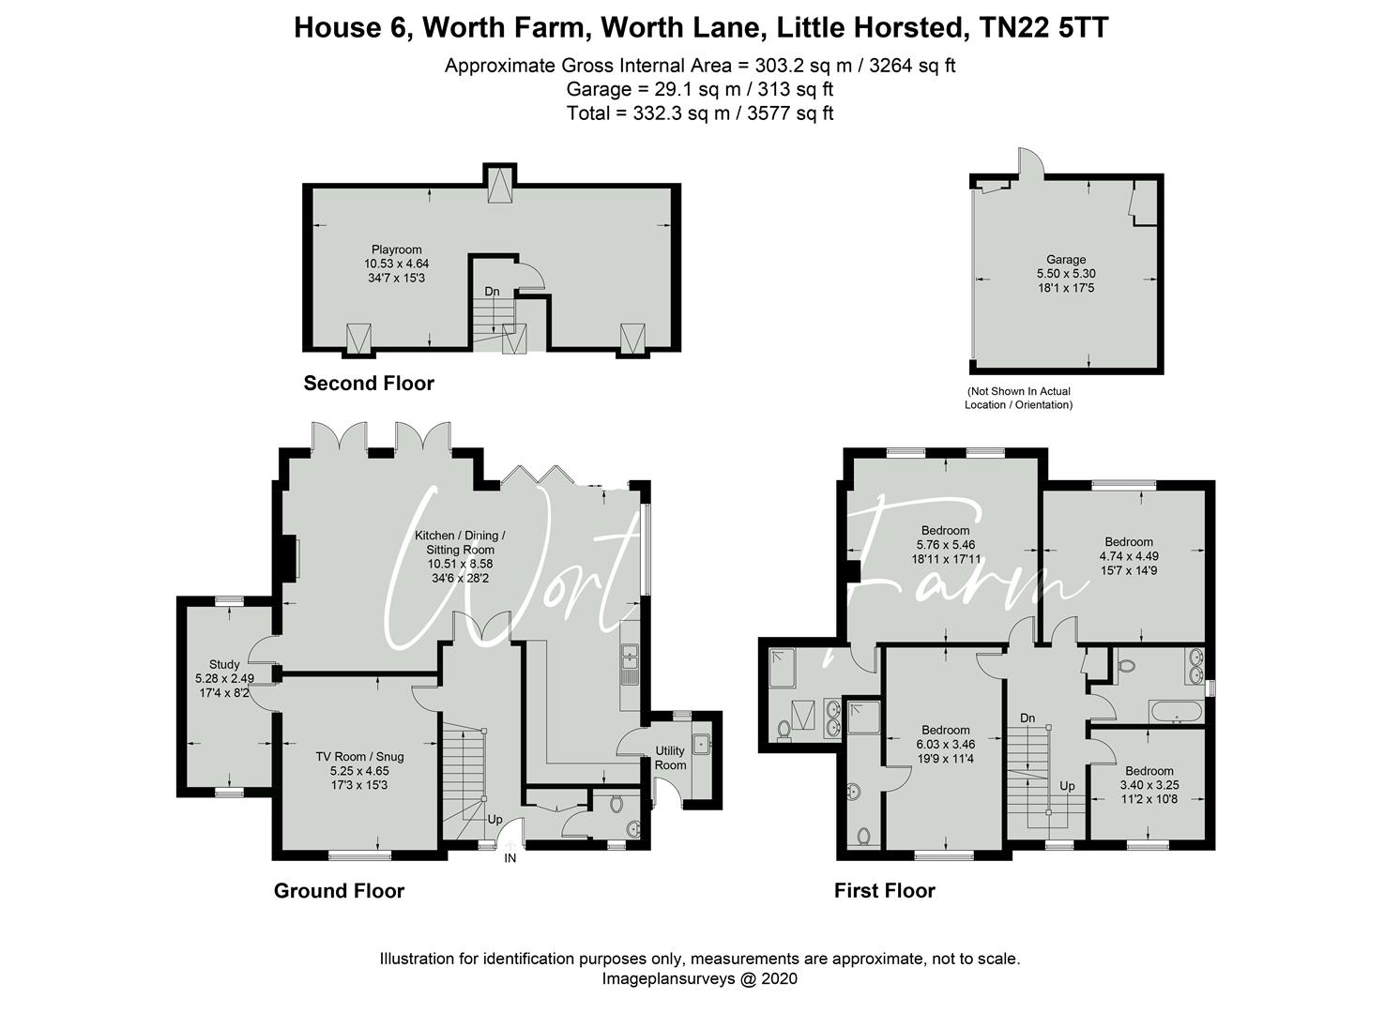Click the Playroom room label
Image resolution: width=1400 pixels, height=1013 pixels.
coord(396,249)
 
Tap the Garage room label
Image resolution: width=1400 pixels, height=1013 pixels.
coord(1066,260)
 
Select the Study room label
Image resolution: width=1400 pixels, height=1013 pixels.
coord(224,664)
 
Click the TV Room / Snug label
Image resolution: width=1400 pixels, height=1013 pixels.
coord(359,756)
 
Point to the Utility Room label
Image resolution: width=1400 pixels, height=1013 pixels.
coord(670,758)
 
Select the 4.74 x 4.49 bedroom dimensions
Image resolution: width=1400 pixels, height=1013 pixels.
coord(1129,555)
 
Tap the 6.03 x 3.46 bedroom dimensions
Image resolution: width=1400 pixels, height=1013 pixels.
coord(945,744)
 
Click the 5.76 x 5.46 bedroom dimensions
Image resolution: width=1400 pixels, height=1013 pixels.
coord(945,544)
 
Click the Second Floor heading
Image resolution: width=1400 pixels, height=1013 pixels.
coord(369,384)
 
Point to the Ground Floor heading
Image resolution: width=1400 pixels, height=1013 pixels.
coord(339,891)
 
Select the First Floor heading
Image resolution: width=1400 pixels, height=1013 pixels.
coord(884,891)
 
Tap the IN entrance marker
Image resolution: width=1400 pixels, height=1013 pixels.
coord(510,857)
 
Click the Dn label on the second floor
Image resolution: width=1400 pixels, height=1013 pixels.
coord(492,292)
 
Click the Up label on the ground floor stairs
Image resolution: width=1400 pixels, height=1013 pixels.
coord(495,819)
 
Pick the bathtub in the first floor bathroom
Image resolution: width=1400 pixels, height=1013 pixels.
coord(1174,715)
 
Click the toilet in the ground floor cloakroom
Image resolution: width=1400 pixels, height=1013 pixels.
coord(616,804)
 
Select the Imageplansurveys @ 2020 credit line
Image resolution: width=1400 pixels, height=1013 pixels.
coord(699,978)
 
